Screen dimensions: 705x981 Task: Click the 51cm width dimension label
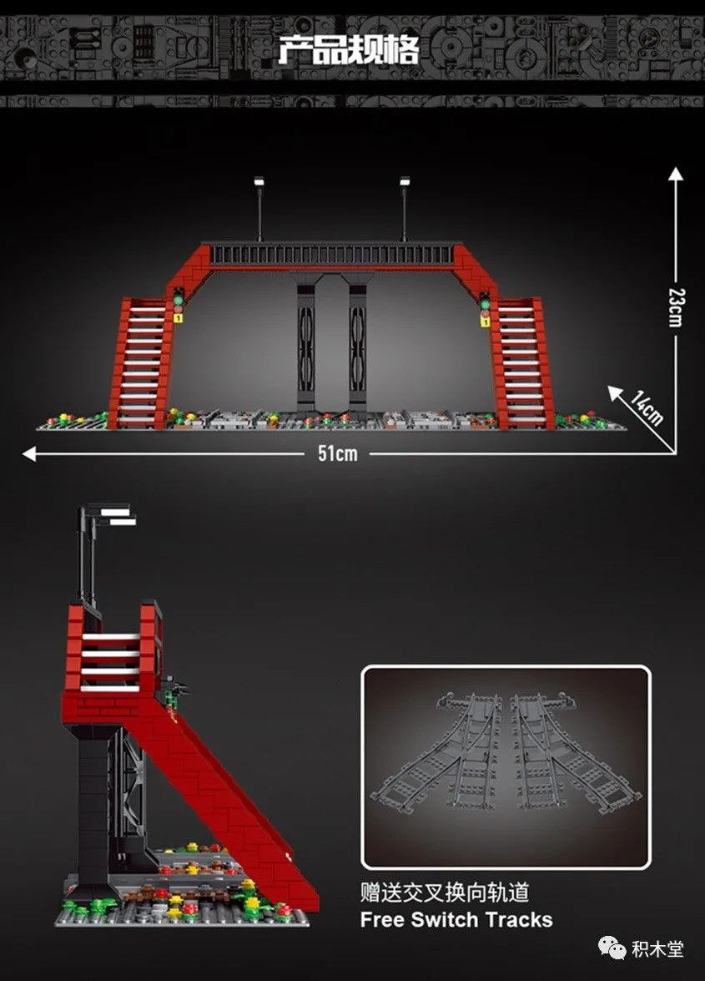coord(338,453)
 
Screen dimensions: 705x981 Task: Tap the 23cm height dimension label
coord(676,307)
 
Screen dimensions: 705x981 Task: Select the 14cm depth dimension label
coord(647,408)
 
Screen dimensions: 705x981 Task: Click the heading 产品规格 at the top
coord(348,50)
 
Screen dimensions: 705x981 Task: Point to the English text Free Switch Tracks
coord(456,920)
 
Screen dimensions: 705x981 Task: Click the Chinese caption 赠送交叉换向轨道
coord(445,893)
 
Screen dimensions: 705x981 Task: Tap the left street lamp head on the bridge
coord(259,181)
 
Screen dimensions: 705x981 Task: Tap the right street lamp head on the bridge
coord(405,181)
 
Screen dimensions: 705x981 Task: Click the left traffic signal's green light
coord(178,301)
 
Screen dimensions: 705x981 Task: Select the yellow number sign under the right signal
coord(485,321)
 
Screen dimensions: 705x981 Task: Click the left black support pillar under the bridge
coord(305,343)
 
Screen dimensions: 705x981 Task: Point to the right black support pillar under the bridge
coord(357,343)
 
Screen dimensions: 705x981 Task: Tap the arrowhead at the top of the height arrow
coord(676,174)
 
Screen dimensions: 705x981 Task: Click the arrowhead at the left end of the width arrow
coord(28,453)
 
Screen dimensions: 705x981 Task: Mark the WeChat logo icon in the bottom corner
coord(612,948)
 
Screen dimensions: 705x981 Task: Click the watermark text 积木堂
coord(657,948)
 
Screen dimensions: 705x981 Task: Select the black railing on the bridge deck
coord(332,254)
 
